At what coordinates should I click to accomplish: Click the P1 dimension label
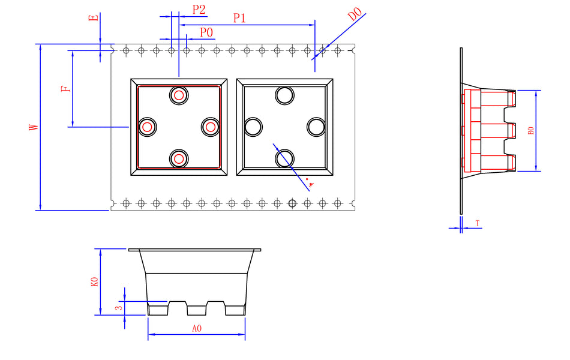(239, 18)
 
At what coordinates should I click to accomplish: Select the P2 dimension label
(199, 10)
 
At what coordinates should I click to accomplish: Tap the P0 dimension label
(206, 32)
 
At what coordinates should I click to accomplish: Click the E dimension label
(93, 17)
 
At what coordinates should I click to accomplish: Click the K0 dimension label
(94, 282)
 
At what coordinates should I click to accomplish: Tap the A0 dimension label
(196, 329)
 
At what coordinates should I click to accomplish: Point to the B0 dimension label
(530, 131)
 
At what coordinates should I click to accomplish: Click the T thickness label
(478, 223)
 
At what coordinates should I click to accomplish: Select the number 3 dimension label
(119, 307)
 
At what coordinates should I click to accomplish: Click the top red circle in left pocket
(179, 95)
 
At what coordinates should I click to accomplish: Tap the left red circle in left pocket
(147, 127)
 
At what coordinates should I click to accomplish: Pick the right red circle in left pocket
(210, 127)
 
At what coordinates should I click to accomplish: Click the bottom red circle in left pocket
(179, 158)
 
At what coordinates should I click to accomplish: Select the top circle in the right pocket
(284, 95)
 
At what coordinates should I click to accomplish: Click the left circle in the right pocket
(253, 127)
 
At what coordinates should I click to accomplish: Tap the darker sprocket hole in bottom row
(292, 203)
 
